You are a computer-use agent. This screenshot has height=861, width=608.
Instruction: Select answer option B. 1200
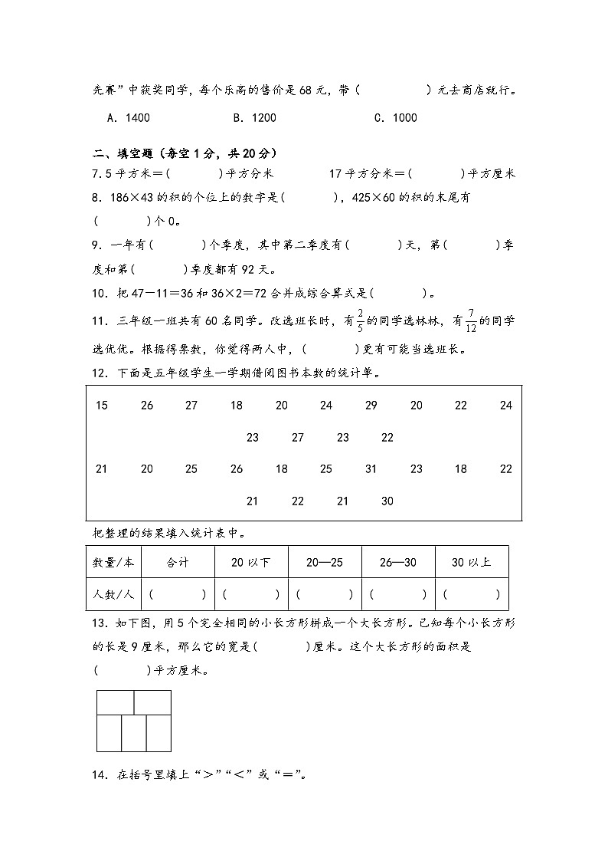[254, 118]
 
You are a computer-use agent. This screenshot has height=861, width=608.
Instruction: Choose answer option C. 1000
[395, 118]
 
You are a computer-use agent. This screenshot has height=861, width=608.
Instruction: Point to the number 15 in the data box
[102, 406]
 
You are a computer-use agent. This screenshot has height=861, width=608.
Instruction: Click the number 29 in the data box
[371, 406]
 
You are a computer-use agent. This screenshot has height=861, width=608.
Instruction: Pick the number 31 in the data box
[371, 469]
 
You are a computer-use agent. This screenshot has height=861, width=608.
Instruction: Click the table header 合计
[178, 563]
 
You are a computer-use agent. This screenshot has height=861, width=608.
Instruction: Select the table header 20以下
[251, 563]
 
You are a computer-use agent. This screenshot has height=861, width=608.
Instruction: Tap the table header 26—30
[398, 563]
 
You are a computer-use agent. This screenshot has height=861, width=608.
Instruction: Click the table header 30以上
[471, 563]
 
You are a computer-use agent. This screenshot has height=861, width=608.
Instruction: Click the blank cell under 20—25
[325, 594]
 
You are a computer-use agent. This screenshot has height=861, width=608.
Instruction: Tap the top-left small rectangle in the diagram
[116, 702]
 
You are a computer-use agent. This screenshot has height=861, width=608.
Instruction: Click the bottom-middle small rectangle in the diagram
[134, 733]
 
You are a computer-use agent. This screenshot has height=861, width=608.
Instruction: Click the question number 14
[97, 774]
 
